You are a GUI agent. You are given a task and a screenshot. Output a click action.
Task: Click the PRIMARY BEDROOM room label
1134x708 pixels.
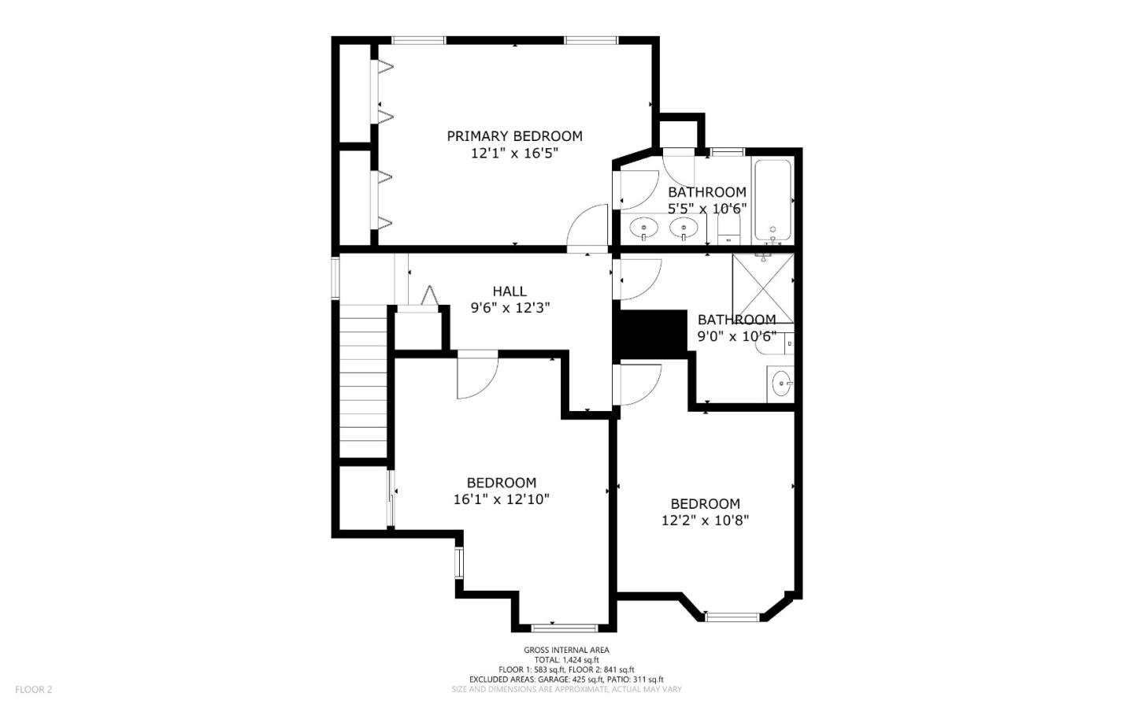(x=514, y=136)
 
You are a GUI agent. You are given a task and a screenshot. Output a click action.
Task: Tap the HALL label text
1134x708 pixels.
(x=510, y=291)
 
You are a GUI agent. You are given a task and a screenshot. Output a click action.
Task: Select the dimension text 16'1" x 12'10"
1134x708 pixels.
(x=501, y=499)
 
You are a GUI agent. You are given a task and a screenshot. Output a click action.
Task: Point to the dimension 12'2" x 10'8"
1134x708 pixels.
(x=705, y=521)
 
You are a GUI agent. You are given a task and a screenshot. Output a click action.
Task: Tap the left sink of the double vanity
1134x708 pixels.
(x=644, y=229)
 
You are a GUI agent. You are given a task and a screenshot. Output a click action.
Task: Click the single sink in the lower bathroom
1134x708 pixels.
(x=782, y=385)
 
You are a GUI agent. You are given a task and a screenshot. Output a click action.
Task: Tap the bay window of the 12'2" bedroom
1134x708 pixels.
(x=732, y=616)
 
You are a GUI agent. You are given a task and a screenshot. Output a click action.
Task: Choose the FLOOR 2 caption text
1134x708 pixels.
(x=33, y=690)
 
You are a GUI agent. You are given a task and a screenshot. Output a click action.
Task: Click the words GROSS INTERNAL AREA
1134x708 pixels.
(x=566, y=650)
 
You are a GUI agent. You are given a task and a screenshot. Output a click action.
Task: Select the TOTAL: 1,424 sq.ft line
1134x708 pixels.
(x=566, y=660)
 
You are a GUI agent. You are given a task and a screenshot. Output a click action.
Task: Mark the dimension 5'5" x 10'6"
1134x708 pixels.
(x=707, y=209)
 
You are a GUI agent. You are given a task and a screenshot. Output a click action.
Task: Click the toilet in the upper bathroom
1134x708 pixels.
(x=729, y=230)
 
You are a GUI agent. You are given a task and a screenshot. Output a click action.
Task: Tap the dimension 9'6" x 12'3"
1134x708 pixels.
(x=510, y=308)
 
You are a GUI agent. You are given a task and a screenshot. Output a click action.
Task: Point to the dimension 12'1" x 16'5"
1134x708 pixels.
(x=514, y=154)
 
